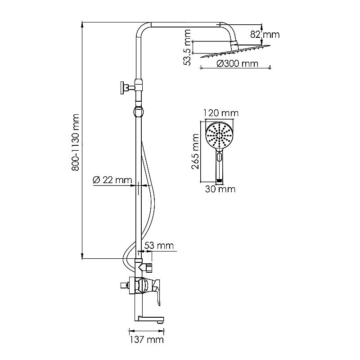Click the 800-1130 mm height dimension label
(x=76, y=142)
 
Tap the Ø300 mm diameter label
(x=237, y=63)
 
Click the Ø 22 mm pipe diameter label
(x=110, y=180)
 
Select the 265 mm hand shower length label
(x=195, y=151)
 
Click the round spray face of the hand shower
(x=219, y=135)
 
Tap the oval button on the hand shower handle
(x=219, y=157)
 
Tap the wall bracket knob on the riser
(x=122, y=87)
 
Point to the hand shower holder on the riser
(x=139, y=111)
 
